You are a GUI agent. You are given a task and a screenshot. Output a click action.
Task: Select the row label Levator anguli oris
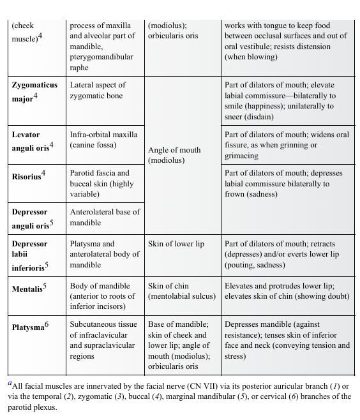click(x=33, y=140)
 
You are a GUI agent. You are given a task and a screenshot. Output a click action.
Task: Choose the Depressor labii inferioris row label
click(x=30, y=255)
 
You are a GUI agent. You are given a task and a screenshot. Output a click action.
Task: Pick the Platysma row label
click(x=29, y=327)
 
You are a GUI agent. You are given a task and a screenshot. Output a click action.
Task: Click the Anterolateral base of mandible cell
click(x=105, y=217)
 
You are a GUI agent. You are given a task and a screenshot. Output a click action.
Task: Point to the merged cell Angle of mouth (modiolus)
click(x=174, y=155)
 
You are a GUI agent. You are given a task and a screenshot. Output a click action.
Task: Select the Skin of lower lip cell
click(x=176, y=244)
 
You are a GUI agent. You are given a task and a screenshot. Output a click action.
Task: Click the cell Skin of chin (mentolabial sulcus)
click(x=182, y=291)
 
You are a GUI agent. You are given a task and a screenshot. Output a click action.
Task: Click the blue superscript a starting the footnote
click(x=10, y=384)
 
